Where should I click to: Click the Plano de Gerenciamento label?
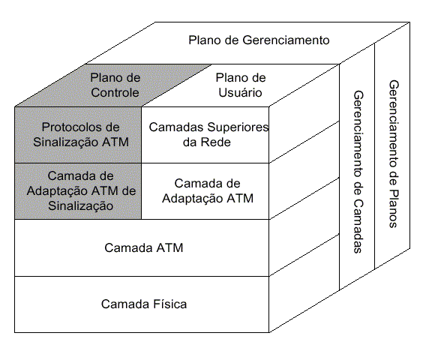[259, 40]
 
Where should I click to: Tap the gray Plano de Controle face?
[113, 85]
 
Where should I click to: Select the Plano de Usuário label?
[241, 85]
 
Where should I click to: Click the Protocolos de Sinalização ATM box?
[78, 135]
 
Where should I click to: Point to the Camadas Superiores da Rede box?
[205, 135]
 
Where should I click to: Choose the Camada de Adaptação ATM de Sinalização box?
[78, 191]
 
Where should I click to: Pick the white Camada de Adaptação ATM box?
[205, 191]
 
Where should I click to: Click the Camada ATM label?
[144, 247]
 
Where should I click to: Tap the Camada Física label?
[144, 304]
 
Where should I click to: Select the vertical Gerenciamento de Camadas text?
[358, 172]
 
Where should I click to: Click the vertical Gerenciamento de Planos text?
[394, 154]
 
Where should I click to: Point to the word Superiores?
[238, 127]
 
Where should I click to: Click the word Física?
[170, 304]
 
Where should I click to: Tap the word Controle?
[115, 92]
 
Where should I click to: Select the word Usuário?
[240, 92]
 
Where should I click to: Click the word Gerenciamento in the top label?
[286, 40]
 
